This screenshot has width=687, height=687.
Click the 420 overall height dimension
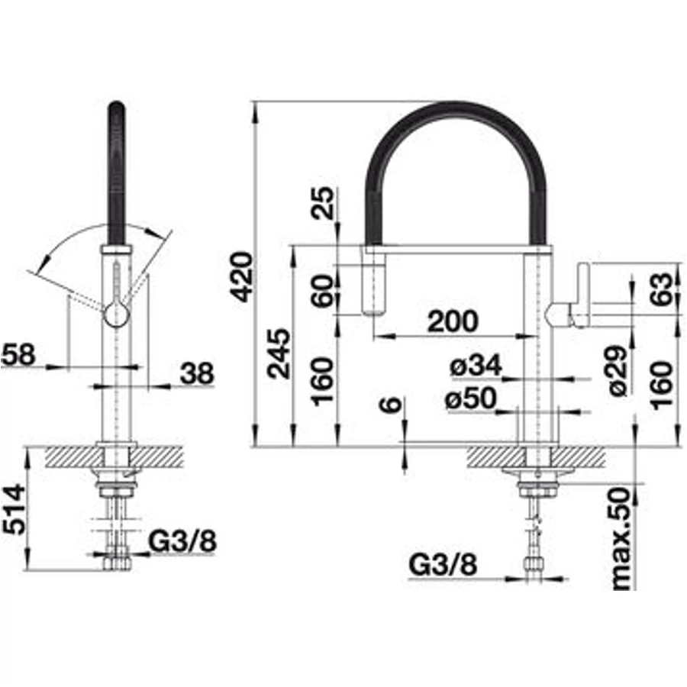(x=241, y=276)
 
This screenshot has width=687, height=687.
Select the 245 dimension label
(x=279, y=353)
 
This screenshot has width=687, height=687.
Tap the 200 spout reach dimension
(x=453, y=321)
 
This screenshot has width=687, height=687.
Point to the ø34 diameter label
(x=476, y=366)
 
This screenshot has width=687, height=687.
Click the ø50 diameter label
(x=471, y=398)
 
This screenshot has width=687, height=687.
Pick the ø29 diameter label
(x=618, y=371)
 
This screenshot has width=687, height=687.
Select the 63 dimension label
(x=661, y=289)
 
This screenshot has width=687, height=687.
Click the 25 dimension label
(x=323, y=203)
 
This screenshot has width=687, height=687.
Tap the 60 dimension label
(x=323, y=291)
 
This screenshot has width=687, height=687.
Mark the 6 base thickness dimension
(x=392, y=405)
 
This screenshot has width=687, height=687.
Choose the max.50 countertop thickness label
(x=622, y=539)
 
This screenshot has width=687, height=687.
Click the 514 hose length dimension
(x=14, y=508)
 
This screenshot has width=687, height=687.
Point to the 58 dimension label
(x=18, y=354)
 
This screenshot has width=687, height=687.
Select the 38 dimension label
(x=197, y=373)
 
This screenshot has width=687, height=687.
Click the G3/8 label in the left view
(x=182, y=541)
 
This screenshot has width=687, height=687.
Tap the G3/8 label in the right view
(x=443, y=565)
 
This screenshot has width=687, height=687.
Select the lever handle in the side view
(x=582, y=295)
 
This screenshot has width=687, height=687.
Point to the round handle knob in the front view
(x=116, y=315)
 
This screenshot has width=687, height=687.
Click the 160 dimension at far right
(x=661, y=385)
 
